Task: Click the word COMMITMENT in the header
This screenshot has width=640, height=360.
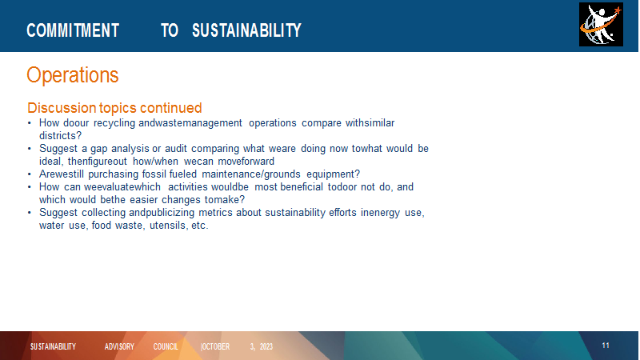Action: tap(73, 30)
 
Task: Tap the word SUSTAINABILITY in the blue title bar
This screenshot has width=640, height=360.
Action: tap(246, 30)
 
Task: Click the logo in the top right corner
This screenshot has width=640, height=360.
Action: tap(601, 25)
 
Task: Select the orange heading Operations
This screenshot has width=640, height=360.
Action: tap(73, 75)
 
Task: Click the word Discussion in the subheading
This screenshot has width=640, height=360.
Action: tap(62, 108)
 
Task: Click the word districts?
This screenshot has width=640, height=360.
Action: tap(61, 135)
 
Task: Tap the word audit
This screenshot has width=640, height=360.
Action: tap(175, 149)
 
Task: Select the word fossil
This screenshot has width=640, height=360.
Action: tap(154, 174)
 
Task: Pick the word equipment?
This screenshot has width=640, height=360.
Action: tap(333, 174)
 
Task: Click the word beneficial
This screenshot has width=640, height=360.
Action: tap(302, 187)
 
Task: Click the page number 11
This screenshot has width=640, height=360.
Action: tap(606, 346)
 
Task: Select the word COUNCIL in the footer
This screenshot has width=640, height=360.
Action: tap(166, 346)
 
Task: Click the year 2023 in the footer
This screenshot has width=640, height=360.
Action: tap(266, 346)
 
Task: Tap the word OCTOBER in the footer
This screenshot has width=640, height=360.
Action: tap(215, 346)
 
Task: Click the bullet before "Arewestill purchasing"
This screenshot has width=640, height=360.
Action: tap(30, 174)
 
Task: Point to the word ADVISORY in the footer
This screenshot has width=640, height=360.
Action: tap(119, 346)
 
